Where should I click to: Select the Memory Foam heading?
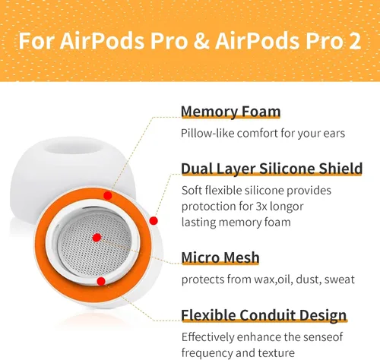pyautogui.click(x=230, y=112)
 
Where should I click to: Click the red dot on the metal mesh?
pyautogui.click(x=95, y=238)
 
